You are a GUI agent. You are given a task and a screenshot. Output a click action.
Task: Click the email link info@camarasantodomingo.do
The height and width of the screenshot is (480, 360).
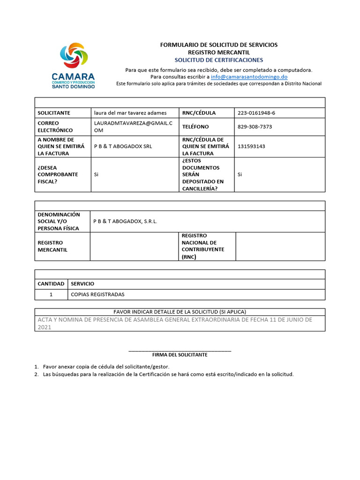(249, 76)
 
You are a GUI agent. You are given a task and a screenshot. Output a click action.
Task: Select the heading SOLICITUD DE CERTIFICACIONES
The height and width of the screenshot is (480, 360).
(219, 60)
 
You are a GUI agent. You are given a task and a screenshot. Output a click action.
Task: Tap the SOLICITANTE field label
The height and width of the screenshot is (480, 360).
(54, 113)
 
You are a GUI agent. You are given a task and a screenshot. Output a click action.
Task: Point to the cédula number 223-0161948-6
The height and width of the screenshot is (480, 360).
(259, 113)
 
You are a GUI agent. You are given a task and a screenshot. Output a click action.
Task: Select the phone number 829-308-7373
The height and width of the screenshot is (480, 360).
(255, 127)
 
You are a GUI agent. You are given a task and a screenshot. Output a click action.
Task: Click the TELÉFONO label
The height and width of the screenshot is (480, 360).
(195, 127)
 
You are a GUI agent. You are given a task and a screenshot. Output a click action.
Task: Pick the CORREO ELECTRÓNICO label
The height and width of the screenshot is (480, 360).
(55, 127)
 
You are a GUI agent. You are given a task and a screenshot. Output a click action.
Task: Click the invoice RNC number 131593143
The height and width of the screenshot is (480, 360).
(251, 146)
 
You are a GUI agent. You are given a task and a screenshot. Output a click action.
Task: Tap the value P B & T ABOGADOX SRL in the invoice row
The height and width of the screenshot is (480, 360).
(123, 146)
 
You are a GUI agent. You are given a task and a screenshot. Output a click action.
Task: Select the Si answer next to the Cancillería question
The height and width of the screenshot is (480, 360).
(240, 175)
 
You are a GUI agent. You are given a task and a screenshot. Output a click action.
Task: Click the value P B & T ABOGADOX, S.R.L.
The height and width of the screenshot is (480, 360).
(126, 221)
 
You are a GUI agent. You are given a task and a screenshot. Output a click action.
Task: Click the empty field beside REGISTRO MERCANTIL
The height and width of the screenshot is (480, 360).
(134, 246)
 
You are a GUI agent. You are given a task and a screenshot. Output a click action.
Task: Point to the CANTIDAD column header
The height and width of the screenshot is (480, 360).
(51, 284)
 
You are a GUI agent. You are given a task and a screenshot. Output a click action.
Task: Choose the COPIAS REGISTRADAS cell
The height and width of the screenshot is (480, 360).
(97, 294)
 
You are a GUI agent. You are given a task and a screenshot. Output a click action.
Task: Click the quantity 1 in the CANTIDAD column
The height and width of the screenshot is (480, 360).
(51, 294)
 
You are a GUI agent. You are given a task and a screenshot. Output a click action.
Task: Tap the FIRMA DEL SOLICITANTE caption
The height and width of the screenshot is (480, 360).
(180, 355)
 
